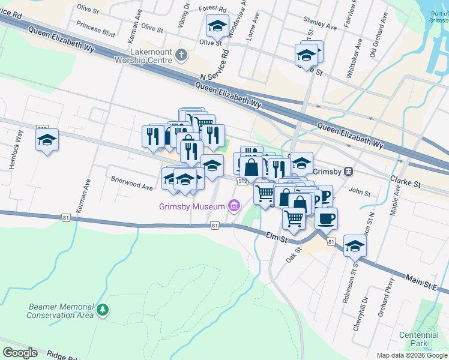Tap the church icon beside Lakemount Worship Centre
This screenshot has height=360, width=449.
(x=181, y=56)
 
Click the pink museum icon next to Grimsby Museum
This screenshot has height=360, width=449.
(x=234, y=207)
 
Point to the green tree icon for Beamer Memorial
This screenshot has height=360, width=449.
(x=104, y=310)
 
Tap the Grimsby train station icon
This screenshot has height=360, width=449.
(x=348, y=171)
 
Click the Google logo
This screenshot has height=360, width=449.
(x=20, y=353)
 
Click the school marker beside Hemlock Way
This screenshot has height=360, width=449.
(x=47, y=140)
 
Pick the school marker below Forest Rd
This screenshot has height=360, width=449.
(x=217, y=26)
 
